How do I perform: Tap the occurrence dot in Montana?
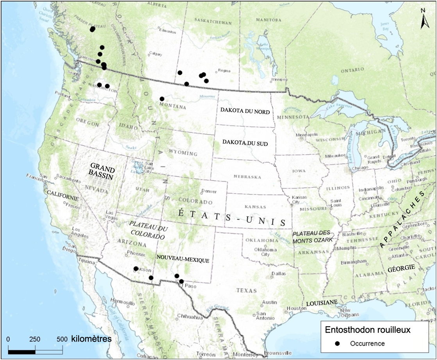162,99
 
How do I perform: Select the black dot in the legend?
338,344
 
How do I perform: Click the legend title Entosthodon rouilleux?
367,330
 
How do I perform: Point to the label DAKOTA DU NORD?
245,112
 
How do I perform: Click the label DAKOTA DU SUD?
245,143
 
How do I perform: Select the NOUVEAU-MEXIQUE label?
183,259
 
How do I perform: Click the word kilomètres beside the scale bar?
91,338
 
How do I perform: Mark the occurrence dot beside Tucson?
136,268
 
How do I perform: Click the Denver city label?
208,191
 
